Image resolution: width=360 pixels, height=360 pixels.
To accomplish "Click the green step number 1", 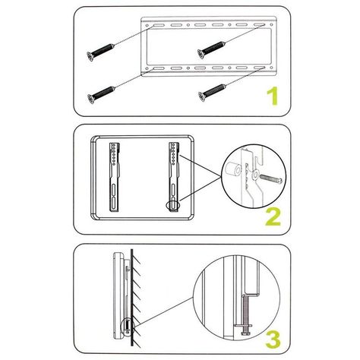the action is [x=273, y=96].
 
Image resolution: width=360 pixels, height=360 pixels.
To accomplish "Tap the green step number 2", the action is [x=273, y=216].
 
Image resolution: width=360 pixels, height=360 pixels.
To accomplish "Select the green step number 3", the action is [x=273, y=339].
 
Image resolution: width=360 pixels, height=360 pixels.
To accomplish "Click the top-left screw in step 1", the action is [x=100, y=52].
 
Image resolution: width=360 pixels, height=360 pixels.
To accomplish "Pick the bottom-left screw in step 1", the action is [x=101, y=95].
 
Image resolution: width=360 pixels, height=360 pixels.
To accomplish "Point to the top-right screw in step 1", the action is [x=211, y=50].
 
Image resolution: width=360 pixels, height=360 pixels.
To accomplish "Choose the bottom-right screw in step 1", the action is [x=212, y=93].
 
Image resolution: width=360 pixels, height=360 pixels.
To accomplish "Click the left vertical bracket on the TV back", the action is [x=115, y=177].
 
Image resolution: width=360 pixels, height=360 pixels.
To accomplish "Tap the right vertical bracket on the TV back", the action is [x=174, y=177].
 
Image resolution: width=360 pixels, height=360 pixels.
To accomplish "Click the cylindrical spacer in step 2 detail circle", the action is [x=233, y=169].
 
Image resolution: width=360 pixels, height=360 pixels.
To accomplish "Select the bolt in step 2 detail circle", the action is [x=271, y=178].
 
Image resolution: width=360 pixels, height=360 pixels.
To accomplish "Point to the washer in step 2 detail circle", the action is [x=255, y=174].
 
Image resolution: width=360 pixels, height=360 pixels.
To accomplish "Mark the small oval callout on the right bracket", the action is [x=173, y=205].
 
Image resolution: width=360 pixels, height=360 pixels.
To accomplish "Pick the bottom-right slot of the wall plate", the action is [x=259, y=68].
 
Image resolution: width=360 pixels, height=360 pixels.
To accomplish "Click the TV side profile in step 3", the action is [x=118, y=295].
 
